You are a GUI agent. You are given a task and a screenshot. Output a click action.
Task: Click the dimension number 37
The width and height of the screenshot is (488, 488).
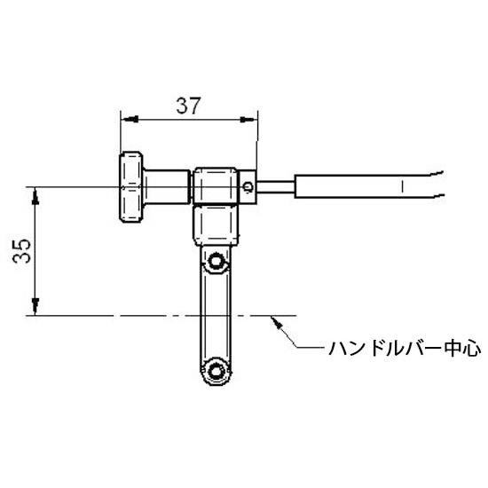188,106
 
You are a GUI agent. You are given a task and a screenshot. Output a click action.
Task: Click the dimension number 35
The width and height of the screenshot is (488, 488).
22,251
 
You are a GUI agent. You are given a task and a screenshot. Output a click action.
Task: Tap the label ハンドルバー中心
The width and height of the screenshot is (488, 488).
405,349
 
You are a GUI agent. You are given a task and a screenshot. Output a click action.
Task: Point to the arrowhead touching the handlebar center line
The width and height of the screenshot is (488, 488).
276,321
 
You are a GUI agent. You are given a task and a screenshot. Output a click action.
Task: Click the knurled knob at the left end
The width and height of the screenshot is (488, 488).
130,186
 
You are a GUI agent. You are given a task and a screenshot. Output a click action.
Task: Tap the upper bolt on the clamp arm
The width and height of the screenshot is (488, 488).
216,261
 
